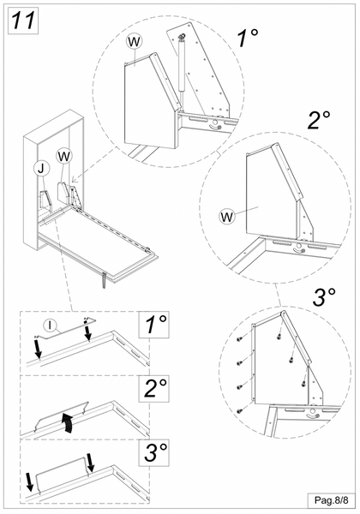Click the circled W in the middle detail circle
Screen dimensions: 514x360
pos(227,215)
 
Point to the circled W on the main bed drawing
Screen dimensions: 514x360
pos(64,155)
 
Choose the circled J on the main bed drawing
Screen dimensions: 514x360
pos(40,169)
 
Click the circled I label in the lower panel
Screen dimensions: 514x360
pos(51,325)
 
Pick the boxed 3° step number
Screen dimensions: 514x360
pos(155,451)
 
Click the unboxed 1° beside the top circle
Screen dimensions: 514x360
pos(249,38)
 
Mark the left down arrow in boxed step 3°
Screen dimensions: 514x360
pos(32,481)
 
